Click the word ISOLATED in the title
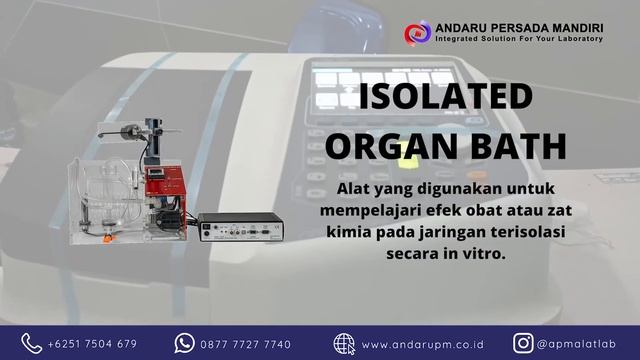(445, 98)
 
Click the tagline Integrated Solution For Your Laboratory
(518, 39)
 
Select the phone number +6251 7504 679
(92, 344)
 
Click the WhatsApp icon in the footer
(183, 343)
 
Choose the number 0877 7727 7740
(246, 344)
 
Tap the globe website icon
(344, 343)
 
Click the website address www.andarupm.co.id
(416, 344)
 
